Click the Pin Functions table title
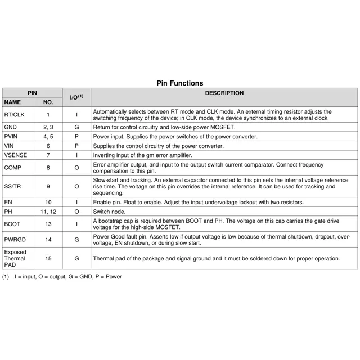(180, 83)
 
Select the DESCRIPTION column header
(224, 93)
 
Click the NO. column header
(48, 103)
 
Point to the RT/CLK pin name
(14, 115)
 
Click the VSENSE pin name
(15, 155)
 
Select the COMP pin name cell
(12, 168)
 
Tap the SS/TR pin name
(12, 186)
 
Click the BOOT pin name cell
(12, 224)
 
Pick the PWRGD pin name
(15, 240)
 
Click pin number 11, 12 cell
(48, 211)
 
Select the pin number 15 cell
(48, 259)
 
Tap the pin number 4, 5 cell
(48, 137)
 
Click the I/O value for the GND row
(76, 127)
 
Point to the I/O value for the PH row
(76, 211)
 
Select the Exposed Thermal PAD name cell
(16, 259)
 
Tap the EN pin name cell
(8, 202)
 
